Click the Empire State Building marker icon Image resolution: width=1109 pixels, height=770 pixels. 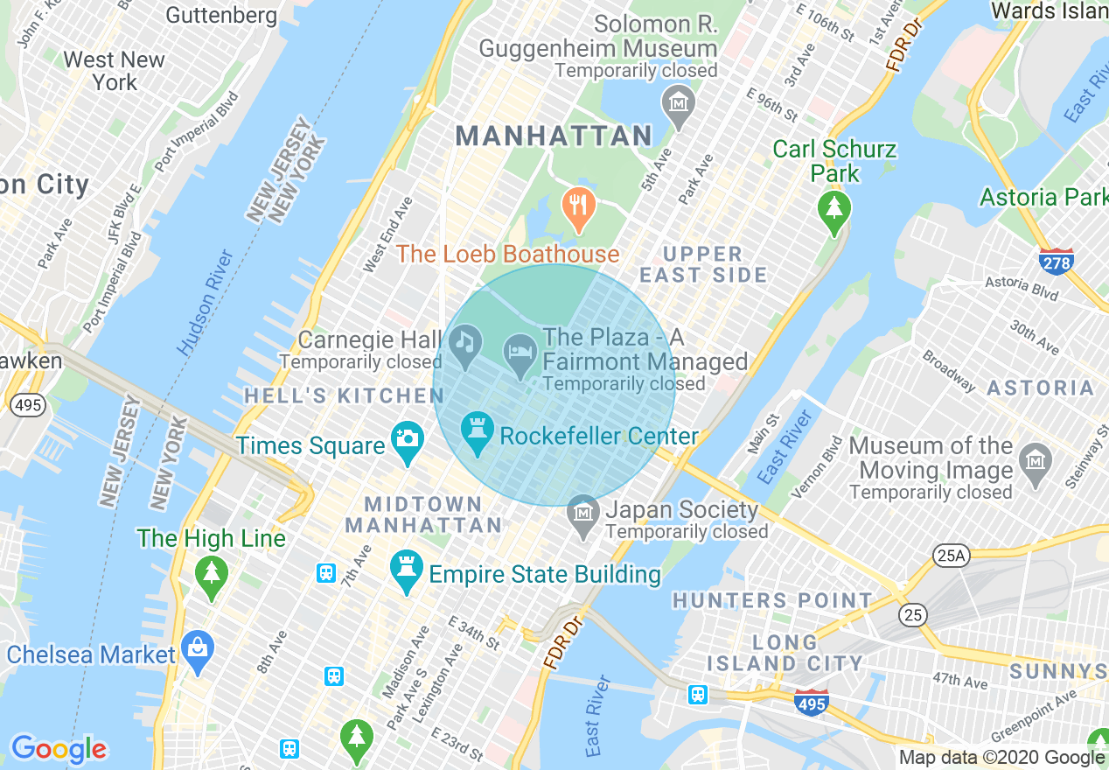(x=407, y=570)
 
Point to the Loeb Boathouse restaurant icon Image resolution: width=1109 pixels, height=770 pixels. (x=577, y=207)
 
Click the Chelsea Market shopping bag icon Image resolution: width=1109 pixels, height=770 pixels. (x=199, y=651)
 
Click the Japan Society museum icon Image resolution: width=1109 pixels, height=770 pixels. (x=582, y=516)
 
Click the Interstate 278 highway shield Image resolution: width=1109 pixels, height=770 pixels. (x=1057, y=261)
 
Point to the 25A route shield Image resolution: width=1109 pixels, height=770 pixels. (x=950, y=555)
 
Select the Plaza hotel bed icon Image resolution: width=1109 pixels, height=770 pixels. (x=521, y=354)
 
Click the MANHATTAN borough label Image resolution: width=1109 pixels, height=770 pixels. (x=554, y=136)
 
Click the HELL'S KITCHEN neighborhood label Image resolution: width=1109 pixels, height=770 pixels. (x=344, y=395)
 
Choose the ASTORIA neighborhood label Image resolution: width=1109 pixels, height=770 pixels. (x=1041, y=388)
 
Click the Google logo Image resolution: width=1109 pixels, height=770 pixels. (x=59, y=749)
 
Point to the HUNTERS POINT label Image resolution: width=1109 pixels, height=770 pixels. (x=772, y=600)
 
